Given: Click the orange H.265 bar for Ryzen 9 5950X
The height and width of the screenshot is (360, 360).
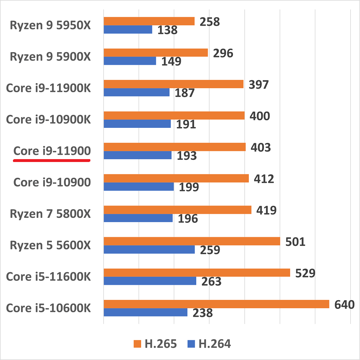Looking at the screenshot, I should tap(149, 21).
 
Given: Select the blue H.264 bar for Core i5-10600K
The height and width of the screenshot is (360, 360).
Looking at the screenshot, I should tap(145, 312).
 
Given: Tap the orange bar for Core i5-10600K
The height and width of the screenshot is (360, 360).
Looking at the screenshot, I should tap(216, 304).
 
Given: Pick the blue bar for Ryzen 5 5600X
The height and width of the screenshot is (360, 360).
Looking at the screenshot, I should tap(149, 249).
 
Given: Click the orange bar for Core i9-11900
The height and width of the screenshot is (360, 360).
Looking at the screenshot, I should tap(175, 147).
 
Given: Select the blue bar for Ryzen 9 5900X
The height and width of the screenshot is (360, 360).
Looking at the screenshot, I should tap(130, 61).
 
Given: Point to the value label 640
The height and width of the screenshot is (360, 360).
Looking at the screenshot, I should tap(345, 305).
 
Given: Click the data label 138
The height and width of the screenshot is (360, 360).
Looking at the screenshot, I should tap(167, 30).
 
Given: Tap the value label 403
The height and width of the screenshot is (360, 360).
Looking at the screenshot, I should tap(261, 148).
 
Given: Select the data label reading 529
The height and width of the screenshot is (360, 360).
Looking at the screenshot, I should tap(305, 273).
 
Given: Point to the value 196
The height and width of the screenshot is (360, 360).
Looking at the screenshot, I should tap(188, 219).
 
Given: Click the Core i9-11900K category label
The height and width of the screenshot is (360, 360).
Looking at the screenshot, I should tap(49, 88).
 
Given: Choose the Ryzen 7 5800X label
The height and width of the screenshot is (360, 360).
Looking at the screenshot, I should tap(50, 214).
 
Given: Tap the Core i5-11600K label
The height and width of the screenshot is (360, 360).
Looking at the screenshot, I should tap(49, 277).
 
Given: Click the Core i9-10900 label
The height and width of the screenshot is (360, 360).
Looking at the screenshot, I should tap(52, 183).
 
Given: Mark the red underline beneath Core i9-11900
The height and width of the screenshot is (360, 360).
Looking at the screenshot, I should tap(51, 161).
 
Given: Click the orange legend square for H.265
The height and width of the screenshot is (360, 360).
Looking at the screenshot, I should tap(137, 344).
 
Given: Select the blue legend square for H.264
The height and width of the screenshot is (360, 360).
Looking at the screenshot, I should tap(191, 344).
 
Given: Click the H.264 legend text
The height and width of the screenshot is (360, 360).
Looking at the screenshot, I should tap(215, 344).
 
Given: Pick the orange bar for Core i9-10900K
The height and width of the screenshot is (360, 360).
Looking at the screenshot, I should tap(174, 116).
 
